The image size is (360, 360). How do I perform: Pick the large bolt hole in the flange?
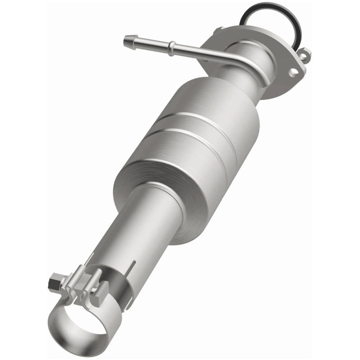pos(295,71)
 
